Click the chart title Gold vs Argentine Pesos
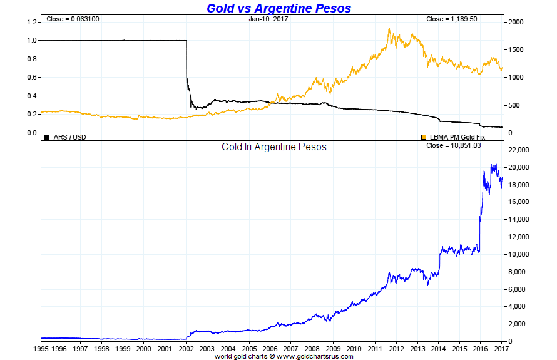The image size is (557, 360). point(278,8)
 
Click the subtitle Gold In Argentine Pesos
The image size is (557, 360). point(274,147)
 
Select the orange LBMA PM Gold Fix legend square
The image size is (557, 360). point(424,136)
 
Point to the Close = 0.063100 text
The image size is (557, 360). point(73,19)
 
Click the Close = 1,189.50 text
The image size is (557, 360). point(452,19)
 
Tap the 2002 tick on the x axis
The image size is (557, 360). point(186,348)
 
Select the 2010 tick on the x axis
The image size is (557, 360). point(354,348)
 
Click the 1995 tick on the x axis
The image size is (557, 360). point(41,348)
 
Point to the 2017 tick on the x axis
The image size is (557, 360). point(501,348)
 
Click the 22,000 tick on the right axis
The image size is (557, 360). point(519,150)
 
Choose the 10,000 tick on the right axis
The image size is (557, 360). point(519,255)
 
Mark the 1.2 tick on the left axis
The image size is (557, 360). point(31,22)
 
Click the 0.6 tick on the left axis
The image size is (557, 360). point(31,78)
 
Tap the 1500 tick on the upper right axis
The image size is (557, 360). point(516,49)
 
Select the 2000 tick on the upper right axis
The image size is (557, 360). point(516,22)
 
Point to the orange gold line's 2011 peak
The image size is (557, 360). point(389,29)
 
